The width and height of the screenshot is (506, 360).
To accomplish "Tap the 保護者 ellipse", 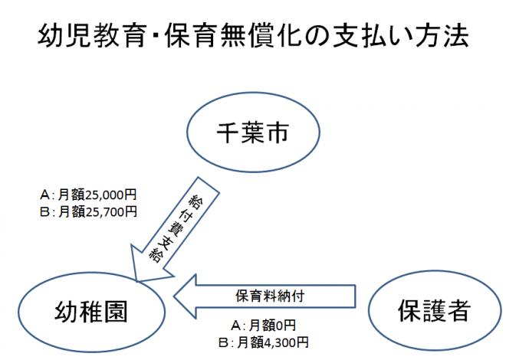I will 432,310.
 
